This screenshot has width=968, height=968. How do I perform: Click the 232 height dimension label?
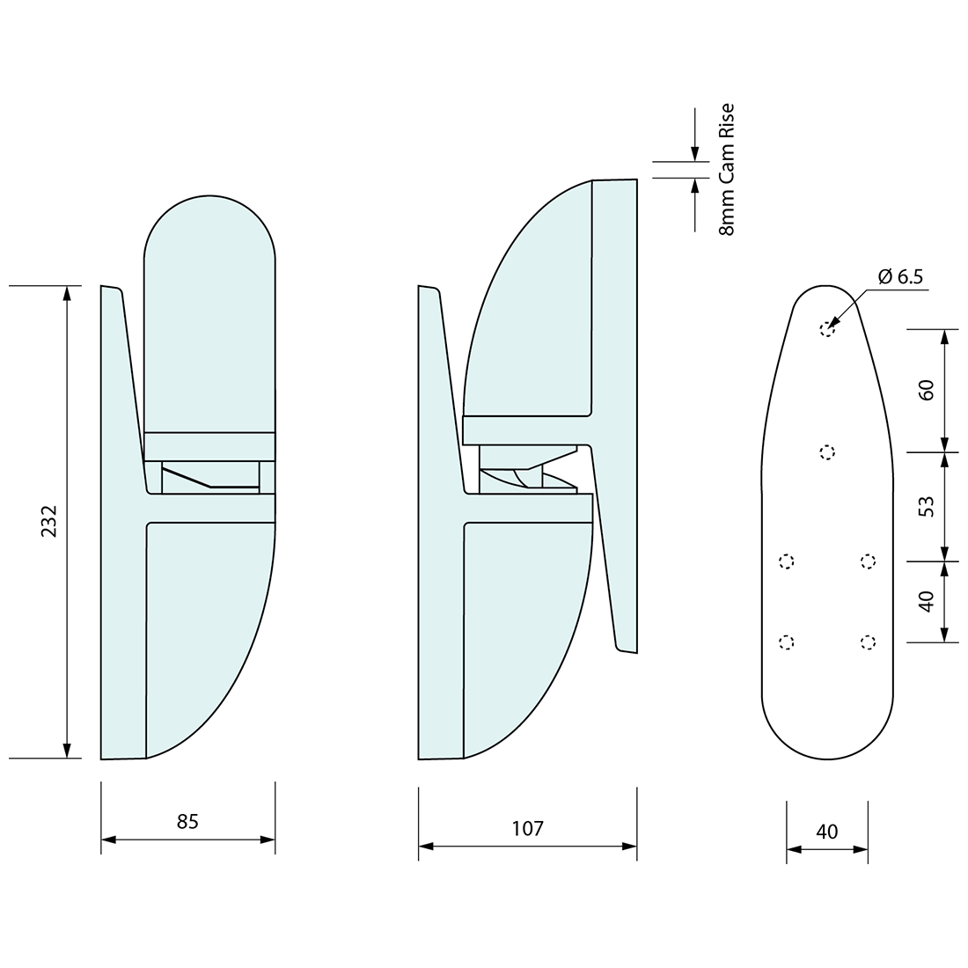[48, 521]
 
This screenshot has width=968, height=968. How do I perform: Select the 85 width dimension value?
[187, 821]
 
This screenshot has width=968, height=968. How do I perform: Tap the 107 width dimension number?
[527, 828]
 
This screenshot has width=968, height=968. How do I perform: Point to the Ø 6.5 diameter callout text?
[900, 276]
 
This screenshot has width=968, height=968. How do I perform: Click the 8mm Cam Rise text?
[726, 170]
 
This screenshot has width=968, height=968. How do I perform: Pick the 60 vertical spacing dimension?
[926, 390]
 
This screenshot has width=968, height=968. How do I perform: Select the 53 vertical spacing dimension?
[926, 506]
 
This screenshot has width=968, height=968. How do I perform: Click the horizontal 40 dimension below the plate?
[827, 831]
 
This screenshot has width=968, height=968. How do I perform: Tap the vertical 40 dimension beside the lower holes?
[926, 602]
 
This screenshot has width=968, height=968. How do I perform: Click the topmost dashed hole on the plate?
[826, 329]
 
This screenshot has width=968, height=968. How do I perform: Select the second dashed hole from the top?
[826, 452]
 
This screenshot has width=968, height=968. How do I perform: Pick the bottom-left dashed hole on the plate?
[787, 642]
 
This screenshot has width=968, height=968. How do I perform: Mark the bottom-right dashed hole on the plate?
[868, 642]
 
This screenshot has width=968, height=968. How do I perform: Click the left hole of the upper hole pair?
[787, 561]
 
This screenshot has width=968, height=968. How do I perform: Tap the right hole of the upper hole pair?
[868, 561]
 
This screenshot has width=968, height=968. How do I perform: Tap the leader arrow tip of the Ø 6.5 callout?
[830, 326]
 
